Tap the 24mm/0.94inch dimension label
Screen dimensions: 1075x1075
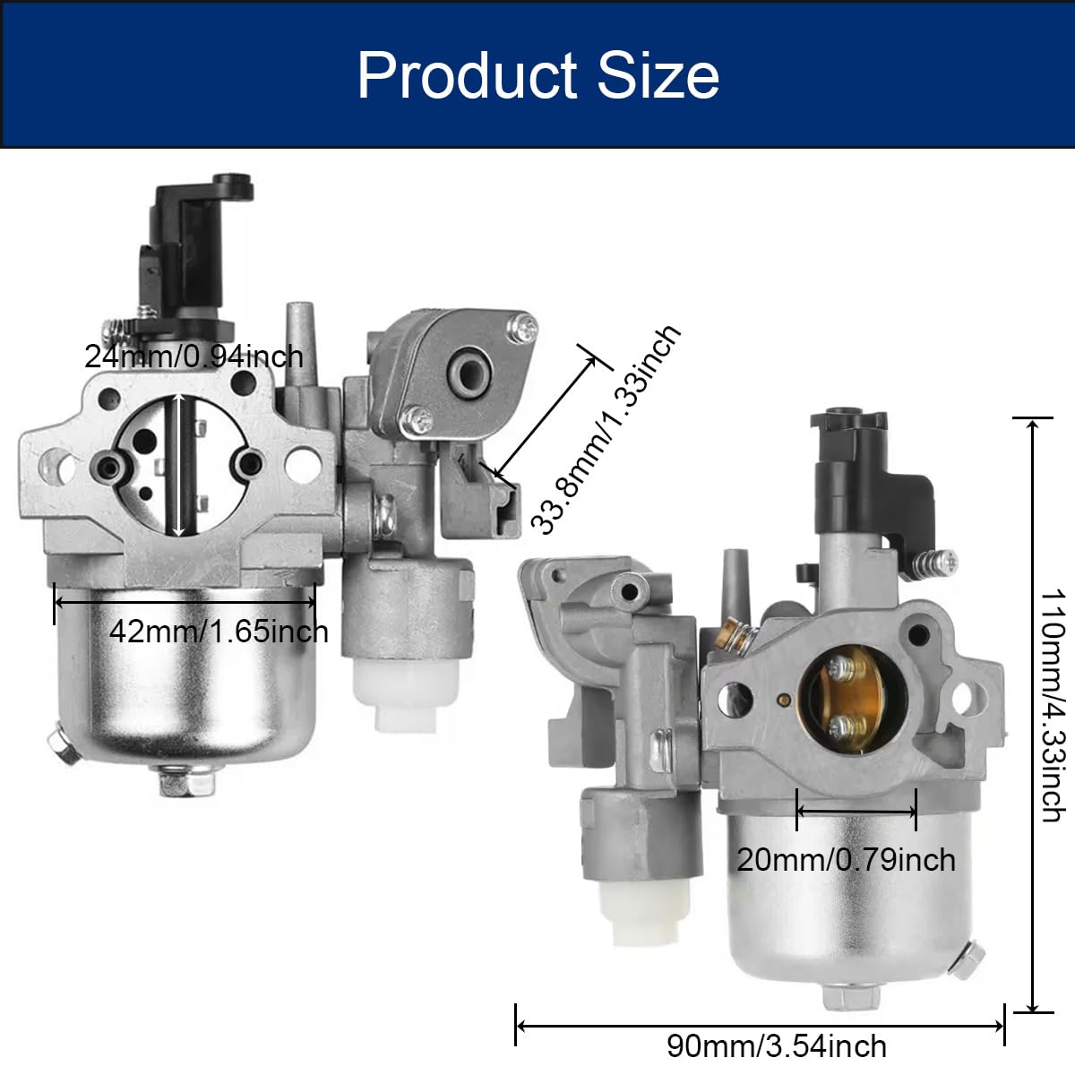pyautogui.click(x=193, y=357)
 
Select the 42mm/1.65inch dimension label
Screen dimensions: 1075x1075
pyautogui.click(x=219, y=632)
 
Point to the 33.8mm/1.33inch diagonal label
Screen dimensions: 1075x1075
pyautogui.click(x=606, y=429)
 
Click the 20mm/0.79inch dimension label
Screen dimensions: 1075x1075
pyautogui.click(x=847, y=860)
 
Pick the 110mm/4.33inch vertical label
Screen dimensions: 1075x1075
pyautogui.click(x=1053, y=706)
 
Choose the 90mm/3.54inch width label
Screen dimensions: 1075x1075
pyautogui.click(x=777, y=1046)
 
